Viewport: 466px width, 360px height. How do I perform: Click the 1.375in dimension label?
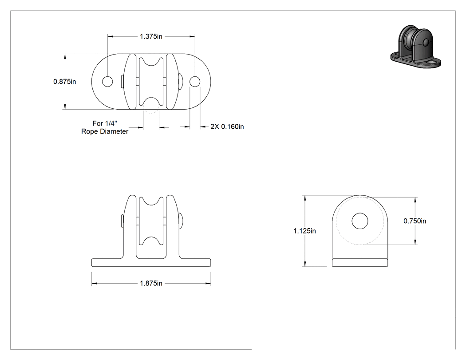tap(151, 36)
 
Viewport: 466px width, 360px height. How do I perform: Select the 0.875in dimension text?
tap(64, 81)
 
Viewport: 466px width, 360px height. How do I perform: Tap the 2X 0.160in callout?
tap(227, 127)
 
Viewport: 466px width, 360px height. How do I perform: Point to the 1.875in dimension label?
tap(151, 283)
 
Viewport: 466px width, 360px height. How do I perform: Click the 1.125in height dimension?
tap(304, 231)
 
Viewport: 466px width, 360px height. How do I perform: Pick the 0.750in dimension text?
tap(415, 221)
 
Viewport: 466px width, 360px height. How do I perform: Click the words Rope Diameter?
tap(105, 131)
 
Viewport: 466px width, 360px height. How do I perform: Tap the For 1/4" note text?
tap(105, 123)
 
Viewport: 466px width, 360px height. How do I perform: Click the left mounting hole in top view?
tap(107, 81)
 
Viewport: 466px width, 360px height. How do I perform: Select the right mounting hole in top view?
tap(195, 81)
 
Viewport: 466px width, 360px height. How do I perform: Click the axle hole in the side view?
tap(360, 221)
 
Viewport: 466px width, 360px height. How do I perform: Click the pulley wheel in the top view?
tap(151, 82)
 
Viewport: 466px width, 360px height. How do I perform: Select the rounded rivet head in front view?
tap(181, 221)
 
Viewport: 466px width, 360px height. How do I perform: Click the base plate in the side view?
tap(360, 263)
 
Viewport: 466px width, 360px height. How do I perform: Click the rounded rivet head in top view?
tap(181, 81)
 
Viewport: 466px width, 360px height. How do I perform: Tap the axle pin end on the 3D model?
tap(426, 42)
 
